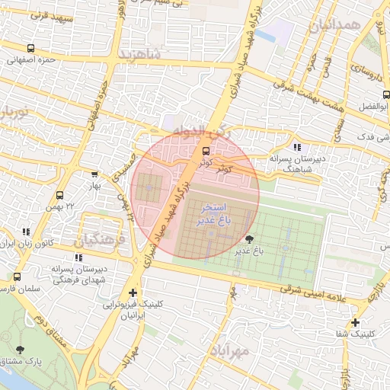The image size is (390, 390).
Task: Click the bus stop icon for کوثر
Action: coord(205,150)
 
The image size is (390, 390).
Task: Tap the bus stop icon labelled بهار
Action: coord(94,174)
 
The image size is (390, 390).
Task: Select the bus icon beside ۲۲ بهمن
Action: coord(60,196)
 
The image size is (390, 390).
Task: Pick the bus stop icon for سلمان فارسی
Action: coord(17,277)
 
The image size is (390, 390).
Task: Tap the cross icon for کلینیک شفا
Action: coord(356,322)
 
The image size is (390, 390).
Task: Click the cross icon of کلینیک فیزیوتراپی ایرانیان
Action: coord(134,292)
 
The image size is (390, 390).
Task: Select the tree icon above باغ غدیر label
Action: coord(250,239)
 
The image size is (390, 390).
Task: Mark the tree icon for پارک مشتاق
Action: coord(20,350)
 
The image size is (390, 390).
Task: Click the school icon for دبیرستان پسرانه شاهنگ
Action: coord(296,147)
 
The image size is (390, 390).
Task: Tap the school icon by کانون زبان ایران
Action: coord(27,232)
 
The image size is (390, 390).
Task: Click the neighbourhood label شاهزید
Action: coord(141,54)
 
